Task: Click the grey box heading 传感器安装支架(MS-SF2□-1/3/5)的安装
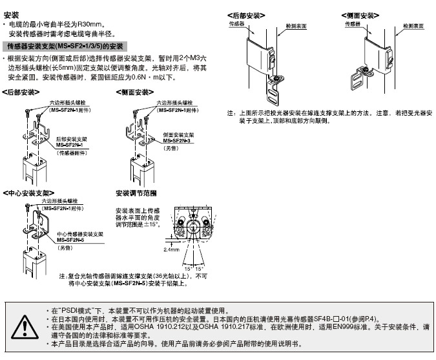tap(65, 47)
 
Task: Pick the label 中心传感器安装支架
tap(81, 233)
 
